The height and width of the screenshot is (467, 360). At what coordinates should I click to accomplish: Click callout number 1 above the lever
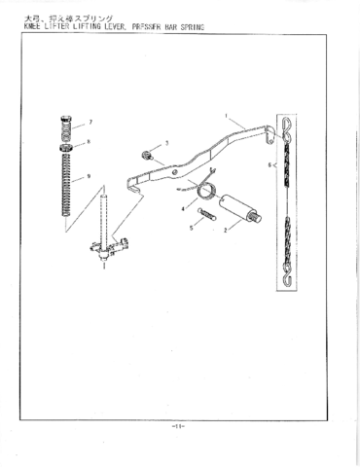[226, 117]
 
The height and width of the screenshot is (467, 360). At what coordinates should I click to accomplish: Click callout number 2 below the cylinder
[226, 231]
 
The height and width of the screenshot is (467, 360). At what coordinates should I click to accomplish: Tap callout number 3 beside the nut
[166, 143]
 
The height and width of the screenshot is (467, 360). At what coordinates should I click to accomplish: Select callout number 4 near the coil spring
[180, 208]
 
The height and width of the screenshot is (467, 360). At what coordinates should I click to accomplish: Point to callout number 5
[192, 228]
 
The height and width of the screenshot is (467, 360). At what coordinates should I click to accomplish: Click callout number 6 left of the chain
[270, 166]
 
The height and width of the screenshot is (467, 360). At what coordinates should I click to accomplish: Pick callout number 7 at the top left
[90, 123]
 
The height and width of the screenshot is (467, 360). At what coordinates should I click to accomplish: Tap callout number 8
[90, 141]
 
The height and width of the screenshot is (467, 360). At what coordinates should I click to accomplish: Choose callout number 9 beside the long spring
[90, 176]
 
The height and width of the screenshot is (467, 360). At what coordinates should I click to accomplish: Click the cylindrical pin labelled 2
[237, 208]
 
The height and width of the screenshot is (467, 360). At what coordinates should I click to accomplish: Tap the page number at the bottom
[179, 425]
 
